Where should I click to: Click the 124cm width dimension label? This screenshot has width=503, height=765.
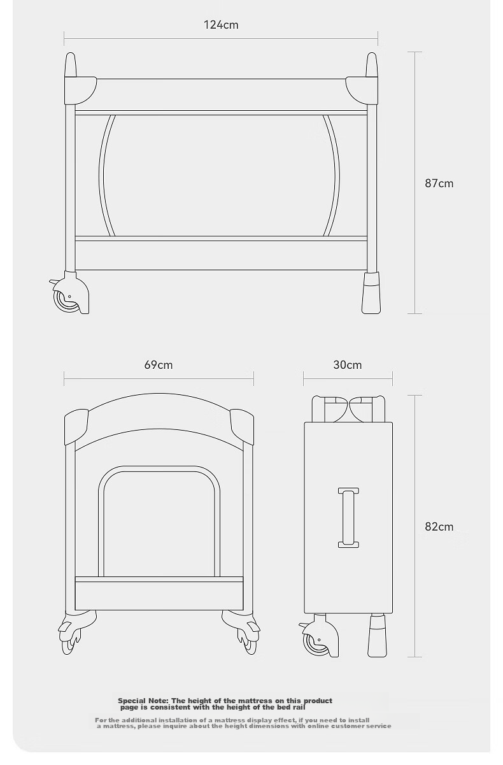click(221, 25)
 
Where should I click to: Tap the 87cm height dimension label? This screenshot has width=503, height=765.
click(439, 183)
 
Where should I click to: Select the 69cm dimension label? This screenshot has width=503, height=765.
click(159, 365)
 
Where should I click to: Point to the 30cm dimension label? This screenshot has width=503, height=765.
click(347, 365)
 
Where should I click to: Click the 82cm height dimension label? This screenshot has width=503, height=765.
click(439, 527)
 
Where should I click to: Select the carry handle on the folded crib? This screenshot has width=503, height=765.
click(348, 517)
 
